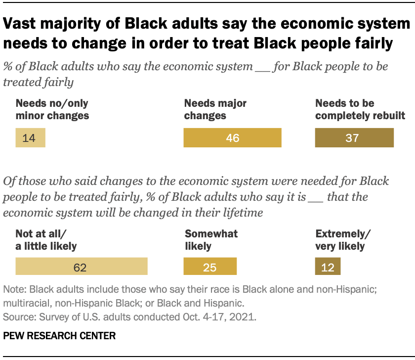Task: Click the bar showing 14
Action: point(31,138)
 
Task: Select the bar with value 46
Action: point(232,138)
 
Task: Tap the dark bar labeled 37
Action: point(354,138)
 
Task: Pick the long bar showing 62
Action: point(82,267)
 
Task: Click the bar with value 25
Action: point(210,267)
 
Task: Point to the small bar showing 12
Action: point(328,267)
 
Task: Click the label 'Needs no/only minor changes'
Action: point(53,110)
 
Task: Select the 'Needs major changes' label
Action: point(215,110)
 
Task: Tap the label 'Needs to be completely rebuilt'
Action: point(360,110)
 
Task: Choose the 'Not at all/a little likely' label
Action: point(46,239)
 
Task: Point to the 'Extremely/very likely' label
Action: point(340,239)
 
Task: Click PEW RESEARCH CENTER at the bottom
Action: point(59,336)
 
